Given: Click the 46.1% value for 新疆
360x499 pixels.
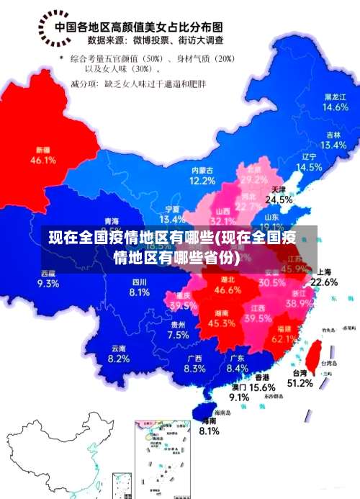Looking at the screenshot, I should (42, 161).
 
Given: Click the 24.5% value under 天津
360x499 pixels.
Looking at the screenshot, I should (279, 199).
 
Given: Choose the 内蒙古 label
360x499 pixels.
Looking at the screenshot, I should (202, 170).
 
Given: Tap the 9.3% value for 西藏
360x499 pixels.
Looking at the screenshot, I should (48, 283).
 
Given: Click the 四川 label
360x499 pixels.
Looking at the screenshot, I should (140, 282).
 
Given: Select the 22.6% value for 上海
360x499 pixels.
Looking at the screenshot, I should (323, 282).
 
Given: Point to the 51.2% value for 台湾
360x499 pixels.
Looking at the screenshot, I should (300, 384).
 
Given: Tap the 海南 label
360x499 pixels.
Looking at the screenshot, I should (209, 421).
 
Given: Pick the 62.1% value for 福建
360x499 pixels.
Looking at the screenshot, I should (285, 338).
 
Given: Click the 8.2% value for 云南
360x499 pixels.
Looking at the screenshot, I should (118, 359).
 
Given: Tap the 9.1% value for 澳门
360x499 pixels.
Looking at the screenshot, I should (239, 397).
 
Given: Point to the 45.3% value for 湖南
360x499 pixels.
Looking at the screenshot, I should (221, 324).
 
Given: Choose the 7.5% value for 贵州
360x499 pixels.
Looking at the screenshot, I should (178, 335).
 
